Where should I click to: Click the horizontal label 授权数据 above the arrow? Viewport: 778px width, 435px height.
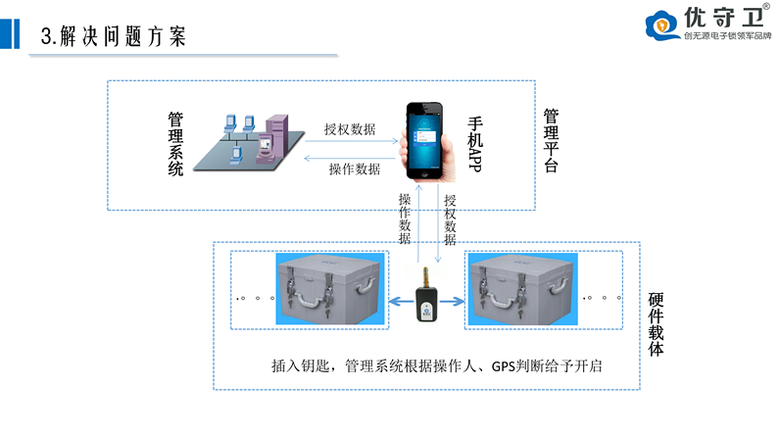point(349,129)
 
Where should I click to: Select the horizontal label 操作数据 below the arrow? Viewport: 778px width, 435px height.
point(354,169)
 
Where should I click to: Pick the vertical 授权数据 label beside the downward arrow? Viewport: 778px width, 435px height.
point(451,217)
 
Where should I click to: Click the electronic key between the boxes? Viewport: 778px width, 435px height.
point(427,294)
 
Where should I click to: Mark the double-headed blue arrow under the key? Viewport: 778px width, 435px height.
point(427,303)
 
